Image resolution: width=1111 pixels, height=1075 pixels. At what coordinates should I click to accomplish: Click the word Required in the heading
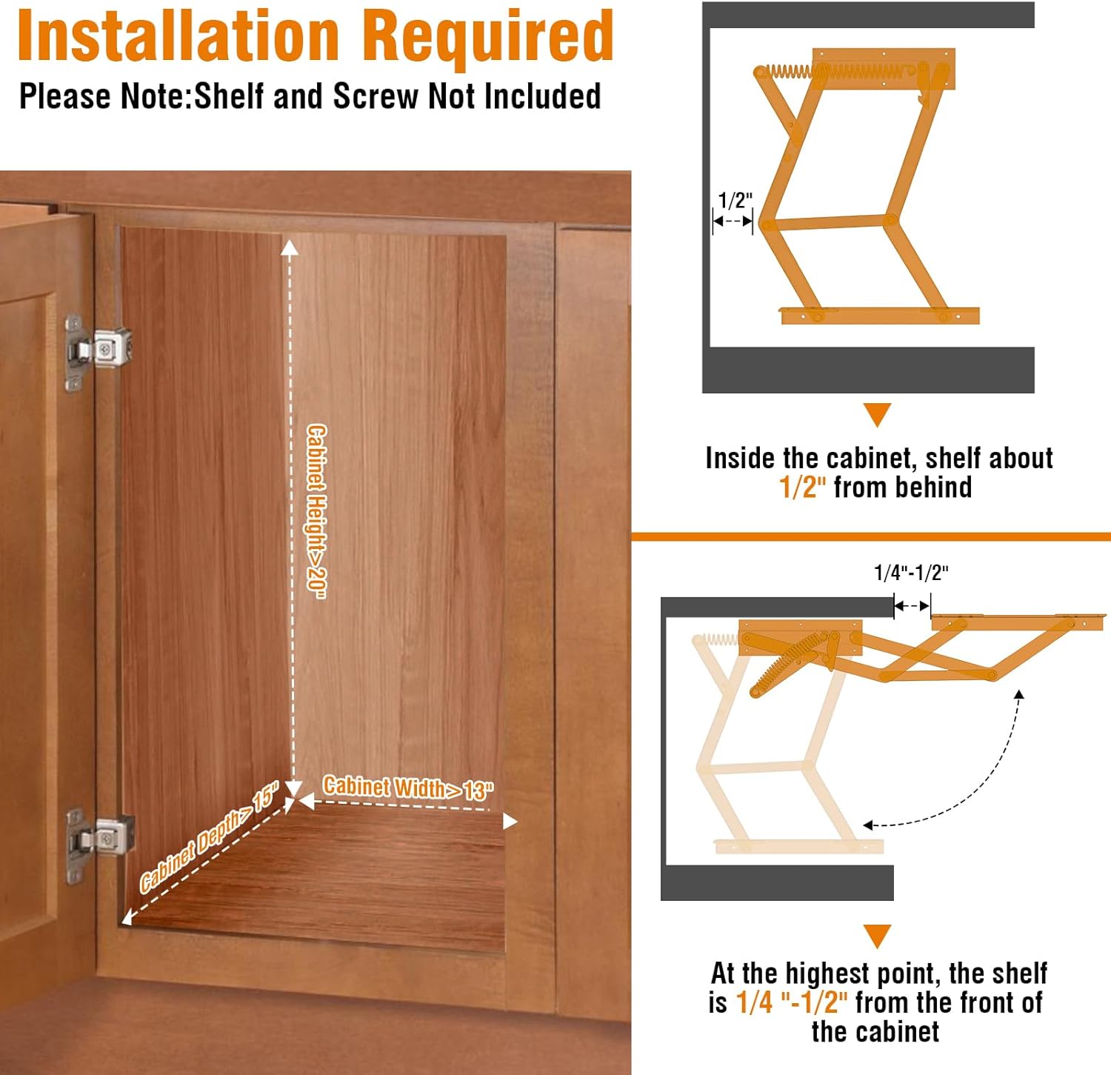tap(488, 36)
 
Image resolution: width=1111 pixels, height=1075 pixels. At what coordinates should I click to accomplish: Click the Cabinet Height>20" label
tap(316, 511)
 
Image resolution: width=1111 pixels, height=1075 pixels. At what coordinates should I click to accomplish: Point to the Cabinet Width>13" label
tap(408, 788)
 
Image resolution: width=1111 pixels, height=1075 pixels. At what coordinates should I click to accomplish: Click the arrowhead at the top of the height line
tap(290, 247)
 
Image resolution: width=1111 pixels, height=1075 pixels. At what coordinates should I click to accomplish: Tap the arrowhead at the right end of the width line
tap(510, 821)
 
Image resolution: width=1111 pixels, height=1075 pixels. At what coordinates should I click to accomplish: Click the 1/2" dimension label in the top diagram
tap(735, 200)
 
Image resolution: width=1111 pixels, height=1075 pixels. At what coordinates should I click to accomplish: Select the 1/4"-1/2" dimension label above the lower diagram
tap(911, 573)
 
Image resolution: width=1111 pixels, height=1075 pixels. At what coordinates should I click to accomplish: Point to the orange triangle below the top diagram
tap(878, 413)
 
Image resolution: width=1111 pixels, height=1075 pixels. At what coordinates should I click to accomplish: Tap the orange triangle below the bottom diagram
tap(878, 935)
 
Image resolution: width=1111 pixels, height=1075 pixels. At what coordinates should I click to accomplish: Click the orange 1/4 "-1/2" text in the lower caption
tap(792, 1002)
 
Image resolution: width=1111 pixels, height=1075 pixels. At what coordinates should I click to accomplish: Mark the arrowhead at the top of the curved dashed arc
tap(1019, 694)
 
